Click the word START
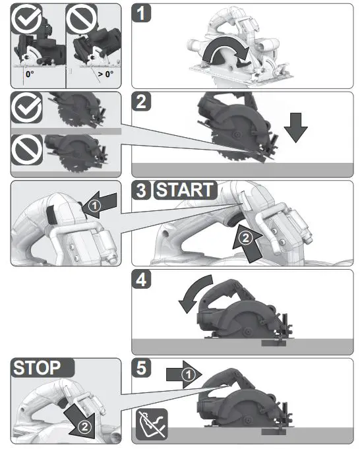pos(185,191)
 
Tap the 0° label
pos(29,75)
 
